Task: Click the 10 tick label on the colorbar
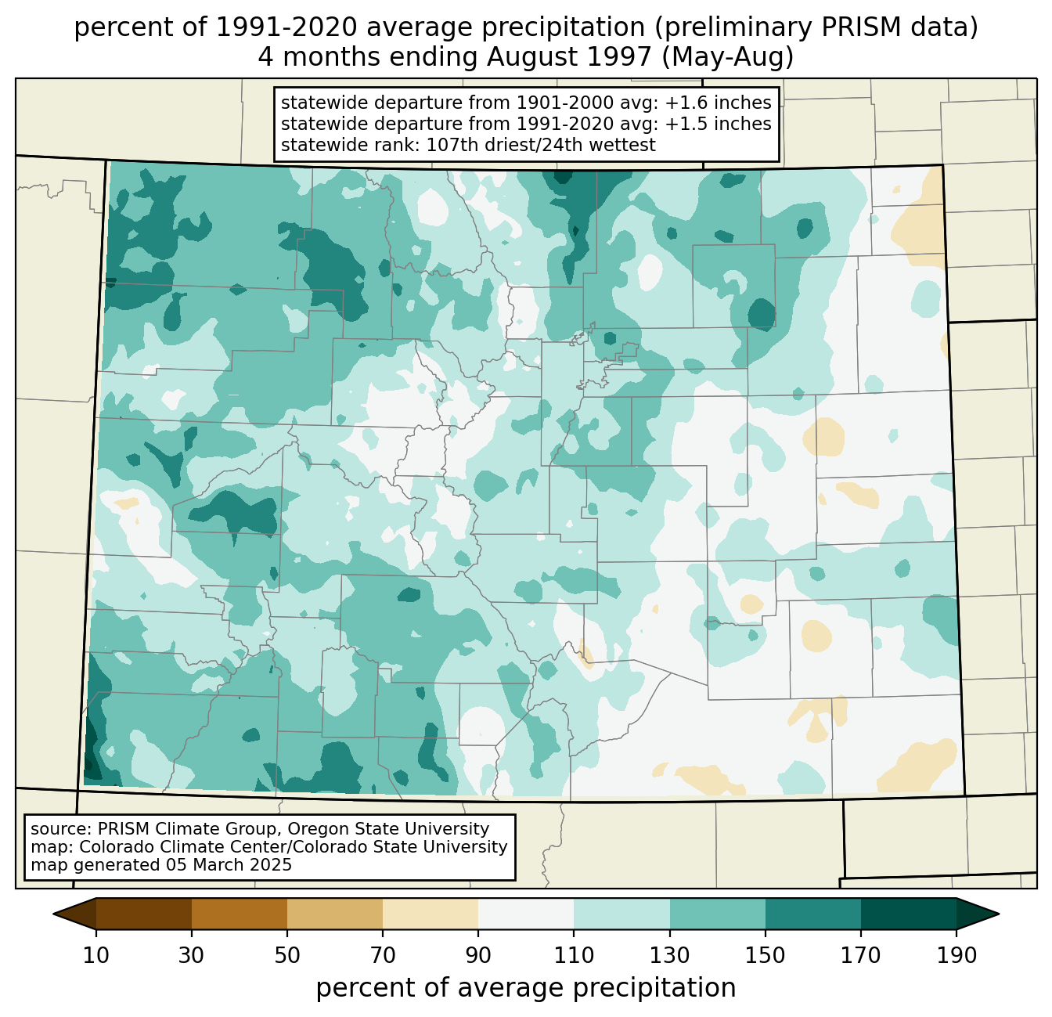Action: tap(96, 955)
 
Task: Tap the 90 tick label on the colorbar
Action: tap(478, 955)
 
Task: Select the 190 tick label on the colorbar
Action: tap(957, 955)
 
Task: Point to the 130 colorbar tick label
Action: tap(670, 955)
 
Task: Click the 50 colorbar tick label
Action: tap(287, 955)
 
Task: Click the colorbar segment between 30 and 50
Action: tap(240, 914)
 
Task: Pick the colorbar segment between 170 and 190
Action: tap(909, 914)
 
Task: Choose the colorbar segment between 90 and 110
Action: tap(526, 914)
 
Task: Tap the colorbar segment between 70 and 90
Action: tap(431, 914)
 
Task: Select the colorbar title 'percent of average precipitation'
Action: tap(526, 987)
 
